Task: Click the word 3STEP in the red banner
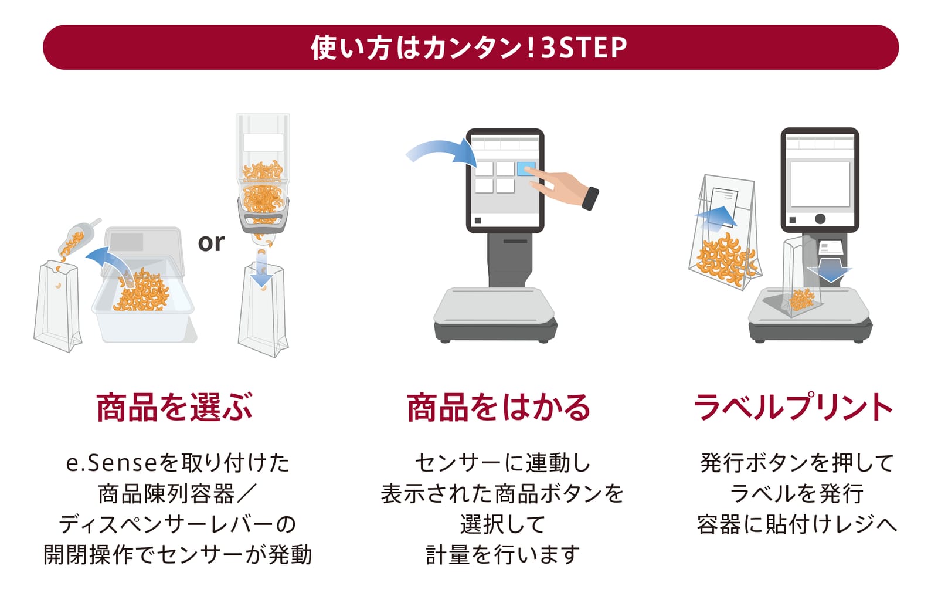[584, 48]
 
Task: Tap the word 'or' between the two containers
[211, 243]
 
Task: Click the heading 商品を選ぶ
[174, 407]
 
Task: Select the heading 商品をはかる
[498, 407]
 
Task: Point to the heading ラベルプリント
[793, 407]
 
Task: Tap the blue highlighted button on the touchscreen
[526, 169]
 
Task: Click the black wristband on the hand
[590, 198]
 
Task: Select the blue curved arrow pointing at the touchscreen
[442, 153]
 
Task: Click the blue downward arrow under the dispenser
[261, 268]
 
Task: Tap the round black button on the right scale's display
[820, 219]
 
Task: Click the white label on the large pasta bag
[724, 206]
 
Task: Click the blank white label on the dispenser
[263, 143]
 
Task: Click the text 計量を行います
[502, 555]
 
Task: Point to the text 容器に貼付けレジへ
[797, 524]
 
